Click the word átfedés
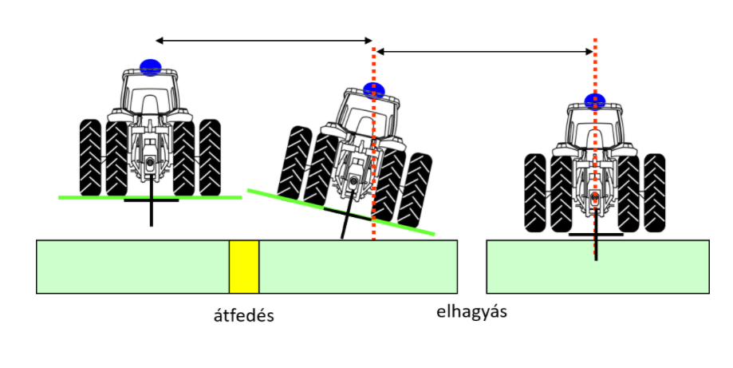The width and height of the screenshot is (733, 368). (x=243, y=316)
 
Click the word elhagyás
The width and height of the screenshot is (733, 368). (x=471, y=312)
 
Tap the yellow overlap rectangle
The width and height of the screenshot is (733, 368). (x=244, y=267)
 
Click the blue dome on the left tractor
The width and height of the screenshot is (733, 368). (x=151, y=67)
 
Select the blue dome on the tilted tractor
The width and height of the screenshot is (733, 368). (x=374, y=90)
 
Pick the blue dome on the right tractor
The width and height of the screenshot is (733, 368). (x=595, y=101)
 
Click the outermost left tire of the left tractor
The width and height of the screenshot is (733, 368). (x=90, y=157)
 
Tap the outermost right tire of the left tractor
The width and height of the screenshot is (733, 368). (x=210, y=157)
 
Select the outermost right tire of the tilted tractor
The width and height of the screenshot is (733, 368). (x=414, y=190)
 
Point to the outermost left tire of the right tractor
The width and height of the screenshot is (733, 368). (x=535, y=192)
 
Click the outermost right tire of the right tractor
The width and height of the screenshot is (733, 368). (x=655, y=192)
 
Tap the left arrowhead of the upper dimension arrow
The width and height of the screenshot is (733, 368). (x=160, y=41)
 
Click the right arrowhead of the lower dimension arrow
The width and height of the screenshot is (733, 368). (x=589, y=51)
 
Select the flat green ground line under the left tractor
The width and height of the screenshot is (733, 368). (x=150, y=198)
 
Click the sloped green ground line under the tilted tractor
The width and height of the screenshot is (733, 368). (x=341, y=212)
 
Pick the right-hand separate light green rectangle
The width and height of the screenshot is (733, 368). (x=598, y=267)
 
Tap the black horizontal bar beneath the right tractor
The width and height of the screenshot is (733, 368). (x=596, y=234)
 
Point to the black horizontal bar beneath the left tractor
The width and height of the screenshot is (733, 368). (x=151, y=200)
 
